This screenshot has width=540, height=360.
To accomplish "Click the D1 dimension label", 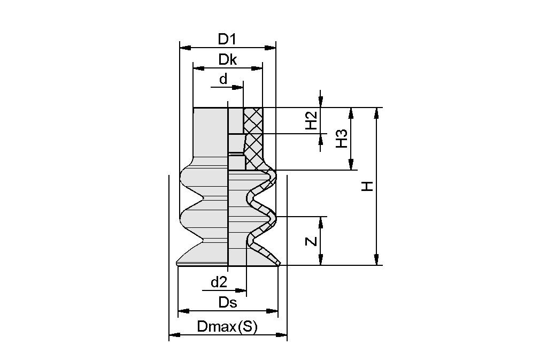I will pyautogui.click(x=227, y=39).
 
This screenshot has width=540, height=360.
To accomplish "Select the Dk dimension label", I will pyautogui.click(x=227, y=60).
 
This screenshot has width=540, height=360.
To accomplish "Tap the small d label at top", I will pyautogui.click(x=223, y=79).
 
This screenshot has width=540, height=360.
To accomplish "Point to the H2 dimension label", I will pyautogui.click(x=311, y=121).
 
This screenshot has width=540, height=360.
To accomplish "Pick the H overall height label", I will pyautogui.click(x=366, y=186).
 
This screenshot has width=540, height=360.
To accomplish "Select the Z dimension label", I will pyautogui.click(x=311, y=241).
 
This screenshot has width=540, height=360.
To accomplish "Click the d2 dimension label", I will pyautogui.click(x=219, y=282).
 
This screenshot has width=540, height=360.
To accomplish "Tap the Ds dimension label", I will pyautogui.click(x=228, y=302).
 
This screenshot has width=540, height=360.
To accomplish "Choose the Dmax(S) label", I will pyautogui.click(x=228, y=327).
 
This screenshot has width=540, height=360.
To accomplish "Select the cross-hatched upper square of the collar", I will pyautogui.click(x=253, y=120).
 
